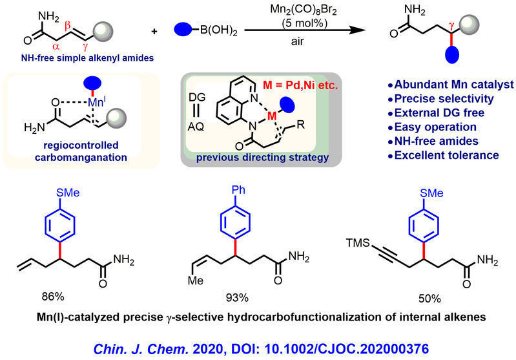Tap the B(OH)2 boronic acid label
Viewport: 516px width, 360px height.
218,30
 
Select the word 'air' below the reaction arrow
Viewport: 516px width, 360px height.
298,41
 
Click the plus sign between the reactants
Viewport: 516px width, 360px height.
154,32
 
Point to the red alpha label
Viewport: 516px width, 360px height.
56,47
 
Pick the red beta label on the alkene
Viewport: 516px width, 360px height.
67,25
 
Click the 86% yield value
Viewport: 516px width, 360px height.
53,297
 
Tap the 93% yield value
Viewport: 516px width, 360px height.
237,298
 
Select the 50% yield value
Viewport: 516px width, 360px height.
429,299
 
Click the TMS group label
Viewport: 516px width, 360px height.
358,243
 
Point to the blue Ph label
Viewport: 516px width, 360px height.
238,190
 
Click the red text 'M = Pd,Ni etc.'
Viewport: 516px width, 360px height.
300,85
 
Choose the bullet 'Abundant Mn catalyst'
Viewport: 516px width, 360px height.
451,85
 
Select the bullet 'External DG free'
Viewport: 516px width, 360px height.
436,113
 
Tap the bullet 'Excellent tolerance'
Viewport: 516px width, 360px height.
443,155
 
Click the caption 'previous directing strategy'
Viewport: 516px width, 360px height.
262,158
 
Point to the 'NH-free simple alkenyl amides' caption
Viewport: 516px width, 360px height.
87,58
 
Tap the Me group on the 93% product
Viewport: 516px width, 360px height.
196,281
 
